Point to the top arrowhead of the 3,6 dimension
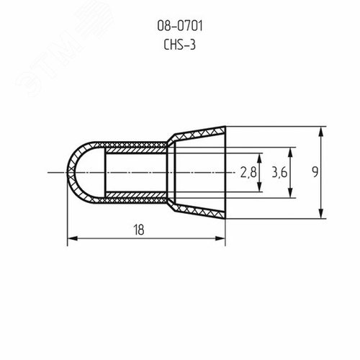pos(290,151)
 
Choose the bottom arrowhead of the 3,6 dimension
pos(290,194)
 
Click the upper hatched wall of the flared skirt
pos(198,135)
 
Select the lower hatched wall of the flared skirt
pos(198,211)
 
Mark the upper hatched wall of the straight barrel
pos(137,147)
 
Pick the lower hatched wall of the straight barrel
pos(137,198)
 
